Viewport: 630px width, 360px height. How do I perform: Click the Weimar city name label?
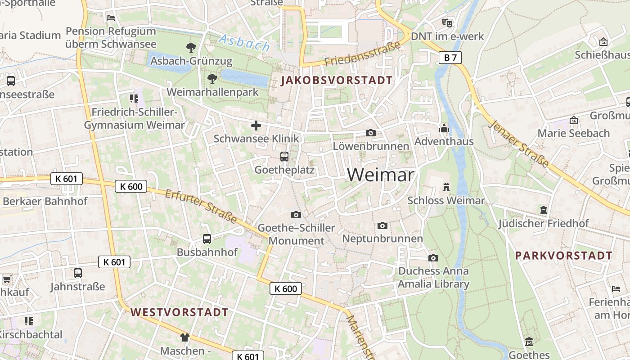(x=380, y=175)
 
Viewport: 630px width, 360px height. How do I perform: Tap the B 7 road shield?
(x=450, y=57)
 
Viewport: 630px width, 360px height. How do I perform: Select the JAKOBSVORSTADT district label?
(x=337, y=81)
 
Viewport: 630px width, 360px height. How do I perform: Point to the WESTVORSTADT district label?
(x=180, y=312)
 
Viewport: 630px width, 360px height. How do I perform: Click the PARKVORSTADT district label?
(x=563, y=256)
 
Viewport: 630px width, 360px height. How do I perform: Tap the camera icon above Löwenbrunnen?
(x=371, y=133)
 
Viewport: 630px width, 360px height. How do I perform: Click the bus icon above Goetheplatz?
(x=284, y=157)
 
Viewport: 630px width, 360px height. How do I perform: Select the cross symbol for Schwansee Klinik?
(x=256, y=126)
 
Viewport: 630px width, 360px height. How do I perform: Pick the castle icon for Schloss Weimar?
(x=446, y=187)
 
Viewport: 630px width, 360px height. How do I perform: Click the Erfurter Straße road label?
(x=201, y=206)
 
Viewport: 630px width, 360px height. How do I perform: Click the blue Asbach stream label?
(x=244, y=43)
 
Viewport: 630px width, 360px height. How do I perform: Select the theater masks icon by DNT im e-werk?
(x=447, y=22)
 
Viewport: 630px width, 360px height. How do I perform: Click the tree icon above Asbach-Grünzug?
(x=191, y=47)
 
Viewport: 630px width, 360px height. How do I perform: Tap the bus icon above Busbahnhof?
(x=207, y=239)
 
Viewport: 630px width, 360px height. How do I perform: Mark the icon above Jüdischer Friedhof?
(x=543, y=210)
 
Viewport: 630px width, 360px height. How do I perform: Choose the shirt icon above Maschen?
(x=185, y=337)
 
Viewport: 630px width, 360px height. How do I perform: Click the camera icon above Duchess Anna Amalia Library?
(x=433, y=258)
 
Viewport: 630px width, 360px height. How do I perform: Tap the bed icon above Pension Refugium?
(x=111, y=18)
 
